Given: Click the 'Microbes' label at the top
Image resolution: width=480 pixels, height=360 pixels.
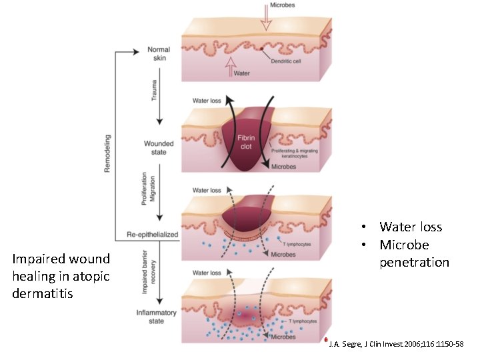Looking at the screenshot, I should point(282,5).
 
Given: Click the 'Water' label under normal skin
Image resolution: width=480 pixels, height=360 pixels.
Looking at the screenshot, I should point(241,74).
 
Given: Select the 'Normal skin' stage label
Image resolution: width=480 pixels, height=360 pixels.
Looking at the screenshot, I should point(159,54).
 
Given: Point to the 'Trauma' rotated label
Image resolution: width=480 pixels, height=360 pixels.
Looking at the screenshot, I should point(155,89).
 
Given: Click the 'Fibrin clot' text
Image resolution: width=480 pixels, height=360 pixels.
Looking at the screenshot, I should point(246,142).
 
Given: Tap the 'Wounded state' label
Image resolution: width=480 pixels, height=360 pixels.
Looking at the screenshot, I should point(159,148).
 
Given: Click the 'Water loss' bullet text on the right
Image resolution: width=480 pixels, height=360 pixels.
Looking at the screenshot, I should point(411,227).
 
